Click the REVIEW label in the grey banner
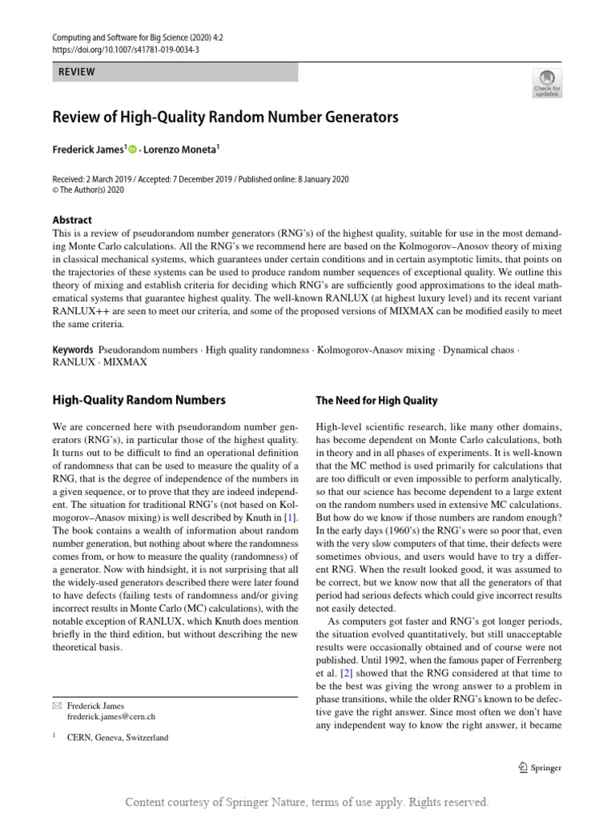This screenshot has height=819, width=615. (77, 72)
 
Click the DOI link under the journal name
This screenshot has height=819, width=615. (126, 49)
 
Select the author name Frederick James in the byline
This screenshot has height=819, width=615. (87, 148)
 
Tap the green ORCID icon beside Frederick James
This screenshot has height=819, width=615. (132, 148)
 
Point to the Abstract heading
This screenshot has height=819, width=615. (72, 220)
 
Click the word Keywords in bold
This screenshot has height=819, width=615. (73, 350)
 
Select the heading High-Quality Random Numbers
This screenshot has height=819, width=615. (139, 400)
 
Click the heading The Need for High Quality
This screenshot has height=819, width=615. (376, 401)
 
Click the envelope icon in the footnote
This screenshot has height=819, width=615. (56, 706)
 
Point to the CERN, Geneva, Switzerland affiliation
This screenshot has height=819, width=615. (118, 737)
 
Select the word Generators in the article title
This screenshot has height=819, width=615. (358, 118)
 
